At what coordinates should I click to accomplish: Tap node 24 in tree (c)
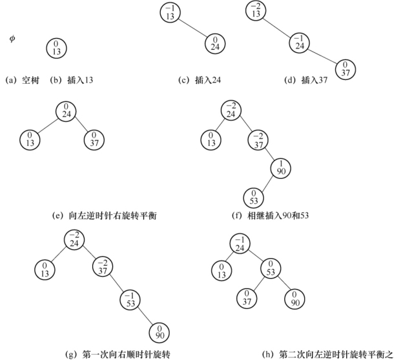[215, 44]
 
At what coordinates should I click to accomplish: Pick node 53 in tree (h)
[271, 270]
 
